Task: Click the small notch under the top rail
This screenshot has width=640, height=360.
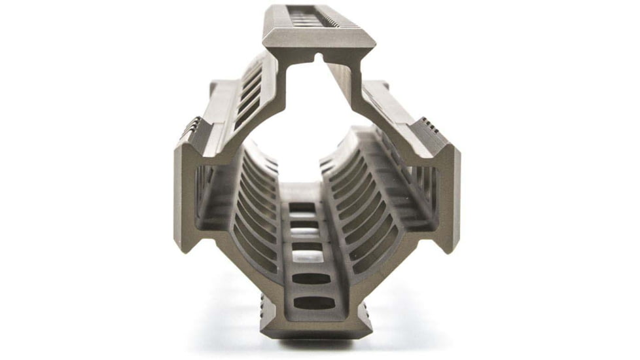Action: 319,58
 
